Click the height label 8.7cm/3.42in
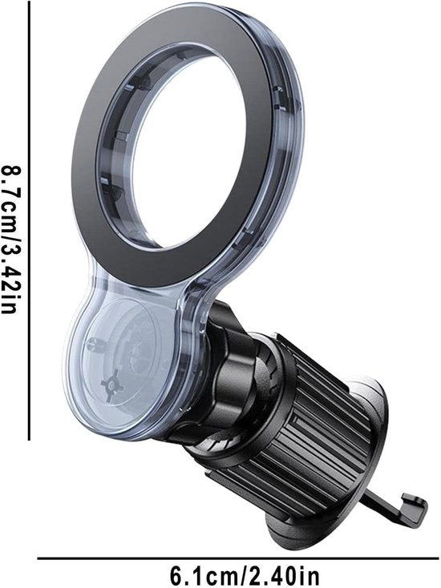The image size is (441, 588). point(10,240)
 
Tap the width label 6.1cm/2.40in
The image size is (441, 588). point(245,574)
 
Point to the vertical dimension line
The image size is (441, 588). point(29,219)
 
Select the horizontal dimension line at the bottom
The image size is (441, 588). point(239,558)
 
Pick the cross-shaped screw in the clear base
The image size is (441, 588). point(110,385)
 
